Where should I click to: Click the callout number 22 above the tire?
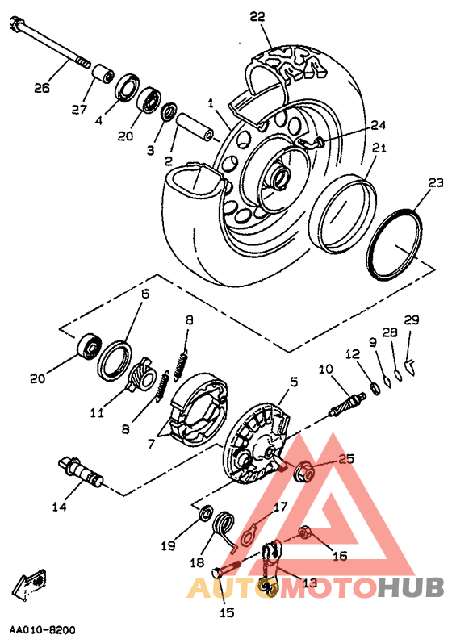(x=257, y=16)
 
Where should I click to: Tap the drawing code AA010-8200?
(x=43, y=629)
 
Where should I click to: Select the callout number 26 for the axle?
(x=42, y=88)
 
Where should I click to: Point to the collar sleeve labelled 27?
(x=103, y=73)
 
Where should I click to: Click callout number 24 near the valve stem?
(x=378, y=125)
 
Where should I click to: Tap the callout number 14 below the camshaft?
(x=59, y=507)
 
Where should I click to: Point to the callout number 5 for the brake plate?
(x=294, y=382)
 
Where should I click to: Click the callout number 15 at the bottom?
(x=227, y=612)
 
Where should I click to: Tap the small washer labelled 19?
(x=207, y=512)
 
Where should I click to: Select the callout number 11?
(x=98, y=413)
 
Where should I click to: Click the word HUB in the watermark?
(x=410, y=587)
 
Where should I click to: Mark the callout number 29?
(x=412, y=320)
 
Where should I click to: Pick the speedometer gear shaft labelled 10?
(x=347, y=403)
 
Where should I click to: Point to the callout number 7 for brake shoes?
(x=152, y=443)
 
